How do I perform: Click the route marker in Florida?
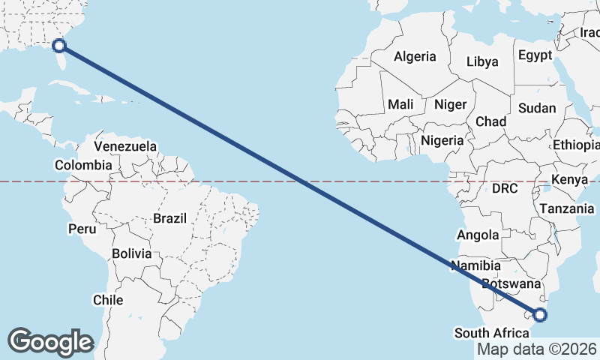(x=59, y=46)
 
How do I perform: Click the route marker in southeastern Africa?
(x=540, y=315)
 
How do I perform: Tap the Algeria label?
(x=415, y=56)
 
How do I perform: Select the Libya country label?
(x=482, y=61)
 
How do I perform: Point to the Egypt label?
(x=535, y=55)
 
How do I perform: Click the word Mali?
(x=401, y=105)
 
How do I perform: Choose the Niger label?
(x=451, y=105)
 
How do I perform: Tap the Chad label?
(x=490, y=121)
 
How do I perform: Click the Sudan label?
(x=537, y=108)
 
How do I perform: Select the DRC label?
(x=505, y=189)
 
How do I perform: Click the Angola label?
(x=478, y=235)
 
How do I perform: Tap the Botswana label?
(x=511, y=284)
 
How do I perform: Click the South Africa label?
(x=491, y=333)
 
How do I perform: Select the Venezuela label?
(x=125, y=146)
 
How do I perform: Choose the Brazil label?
(x=169, y=218)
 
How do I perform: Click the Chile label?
(x=107, y=300)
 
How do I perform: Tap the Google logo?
(x=50, y=342)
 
